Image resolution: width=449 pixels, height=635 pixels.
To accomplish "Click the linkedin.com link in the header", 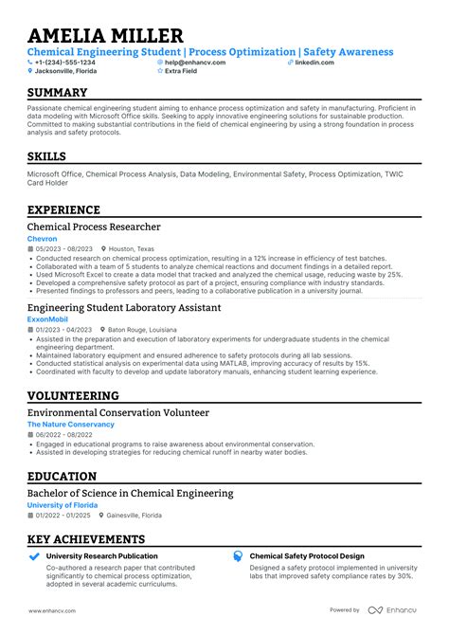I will (314, 62).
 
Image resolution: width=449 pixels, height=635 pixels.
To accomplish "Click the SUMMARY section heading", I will (58, 93).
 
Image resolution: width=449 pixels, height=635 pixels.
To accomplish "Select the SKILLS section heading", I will (46, 155).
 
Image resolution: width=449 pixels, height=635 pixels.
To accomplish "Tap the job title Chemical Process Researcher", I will (94, 227).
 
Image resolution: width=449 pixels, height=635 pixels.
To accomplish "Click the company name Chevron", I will (43, 240).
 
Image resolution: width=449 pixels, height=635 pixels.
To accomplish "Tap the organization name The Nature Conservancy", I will (70, 425).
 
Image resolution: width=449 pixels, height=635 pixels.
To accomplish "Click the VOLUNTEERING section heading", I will (73, 396).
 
